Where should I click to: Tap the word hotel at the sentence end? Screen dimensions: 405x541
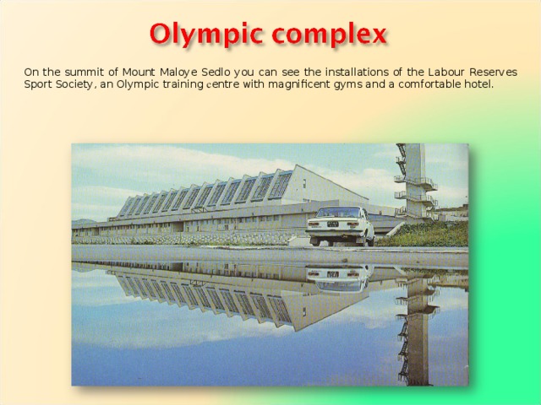coord(477,84)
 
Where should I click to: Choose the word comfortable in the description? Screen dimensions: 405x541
coord(427,84)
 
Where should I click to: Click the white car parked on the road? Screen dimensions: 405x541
coord(340,225)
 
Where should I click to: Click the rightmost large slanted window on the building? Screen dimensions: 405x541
coord(281,184)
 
